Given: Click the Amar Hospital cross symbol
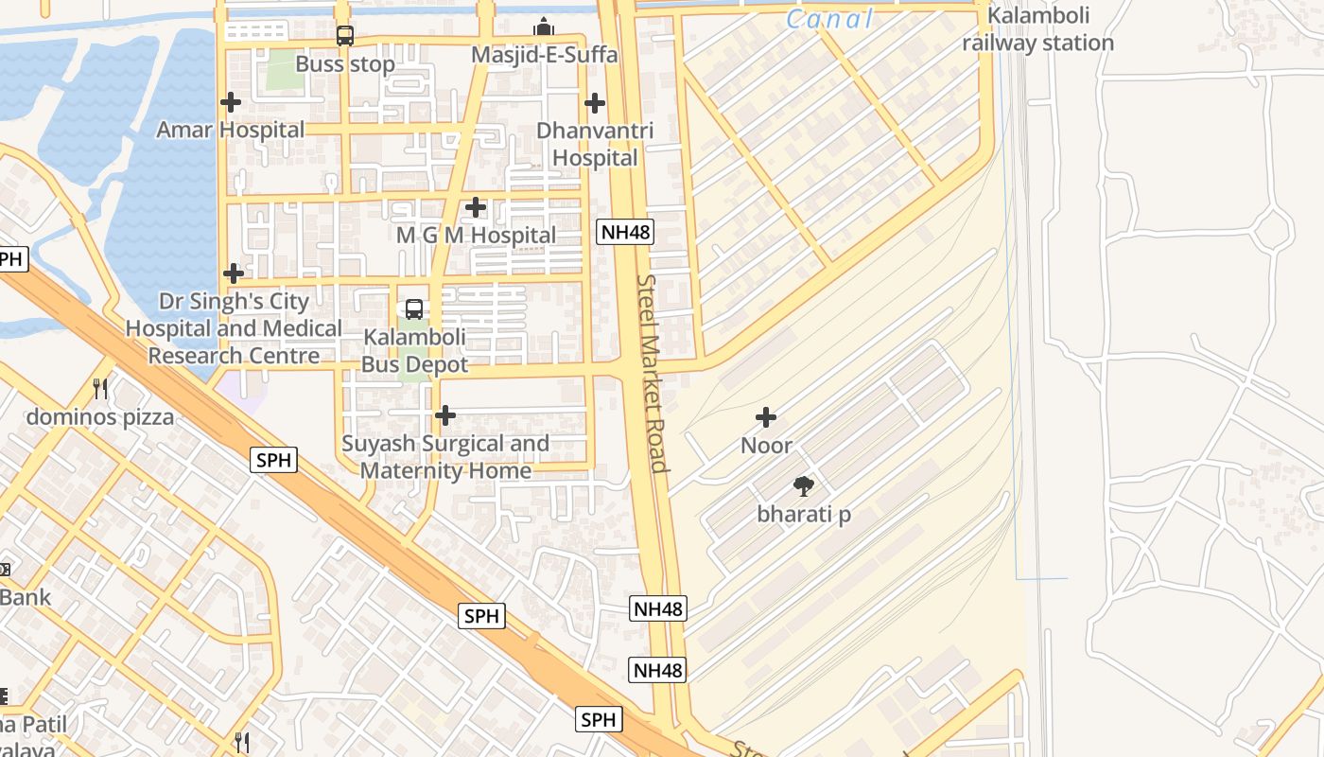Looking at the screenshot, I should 230,102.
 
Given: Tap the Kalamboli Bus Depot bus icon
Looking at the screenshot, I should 414,308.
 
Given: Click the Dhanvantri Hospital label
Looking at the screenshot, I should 595,144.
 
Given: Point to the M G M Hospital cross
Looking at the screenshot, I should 476,206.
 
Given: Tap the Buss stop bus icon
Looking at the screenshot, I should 345,36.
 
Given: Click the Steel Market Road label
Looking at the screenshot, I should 653,373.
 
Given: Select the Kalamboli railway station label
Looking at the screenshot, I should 1038,29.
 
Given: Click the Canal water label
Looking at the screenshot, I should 829,18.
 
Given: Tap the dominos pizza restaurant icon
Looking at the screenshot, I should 100,388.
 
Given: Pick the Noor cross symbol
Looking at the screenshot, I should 766,416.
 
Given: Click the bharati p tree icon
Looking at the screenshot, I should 804,486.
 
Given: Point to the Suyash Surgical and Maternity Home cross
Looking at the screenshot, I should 444,414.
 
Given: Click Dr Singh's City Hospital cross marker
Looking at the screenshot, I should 234,273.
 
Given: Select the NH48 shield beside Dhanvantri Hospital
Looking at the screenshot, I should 625,231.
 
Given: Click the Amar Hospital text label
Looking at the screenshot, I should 231,130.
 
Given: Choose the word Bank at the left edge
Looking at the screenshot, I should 26,597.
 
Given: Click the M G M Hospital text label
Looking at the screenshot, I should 476,235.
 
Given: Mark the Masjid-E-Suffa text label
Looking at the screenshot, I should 544,55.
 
